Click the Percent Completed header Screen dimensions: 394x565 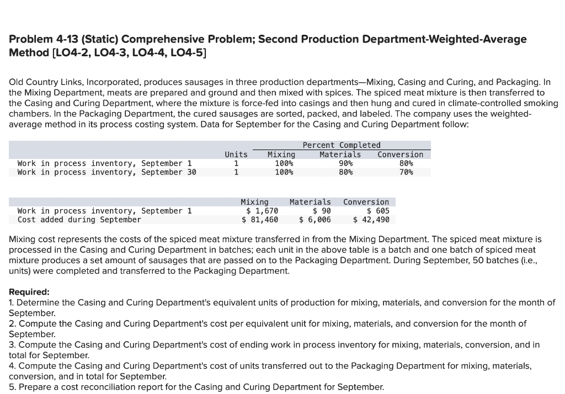point(342,145)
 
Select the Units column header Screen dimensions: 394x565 point(236,155)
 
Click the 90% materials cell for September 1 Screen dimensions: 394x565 point(345,163)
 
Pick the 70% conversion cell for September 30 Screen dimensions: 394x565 point(406,172)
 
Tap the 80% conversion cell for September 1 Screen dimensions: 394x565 point(406,163)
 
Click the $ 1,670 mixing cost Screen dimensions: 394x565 point(262,211)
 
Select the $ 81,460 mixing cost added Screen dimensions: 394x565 point(260,220)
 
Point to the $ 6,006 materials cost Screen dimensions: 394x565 point(315,220)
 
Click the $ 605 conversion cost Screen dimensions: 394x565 point(378,211)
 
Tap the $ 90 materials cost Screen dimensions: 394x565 point(322,211)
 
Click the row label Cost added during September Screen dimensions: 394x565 point(79,220)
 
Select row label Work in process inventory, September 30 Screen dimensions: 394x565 point(106,172)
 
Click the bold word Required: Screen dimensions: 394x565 point(29,292)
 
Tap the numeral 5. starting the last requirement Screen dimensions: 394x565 point(12,387)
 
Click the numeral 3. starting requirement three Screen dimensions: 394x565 point(12,345)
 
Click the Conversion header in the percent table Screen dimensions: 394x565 point(400,155)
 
